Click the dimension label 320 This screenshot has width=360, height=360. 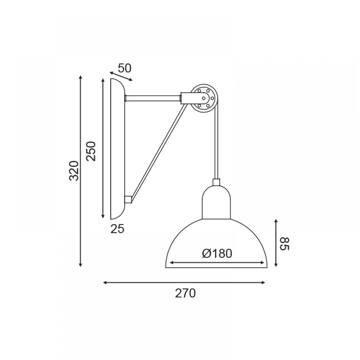[74, 171]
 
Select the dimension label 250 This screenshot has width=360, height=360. [91, 151]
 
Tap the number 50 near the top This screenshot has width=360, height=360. [125, 68]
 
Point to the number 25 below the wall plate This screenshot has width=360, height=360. [117, 229]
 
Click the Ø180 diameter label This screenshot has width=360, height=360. [217, 253]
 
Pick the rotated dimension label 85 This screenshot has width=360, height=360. [285, 244]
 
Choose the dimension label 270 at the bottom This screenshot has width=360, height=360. [185, 293]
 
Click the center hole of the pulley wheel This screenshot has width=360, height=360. [204, 98]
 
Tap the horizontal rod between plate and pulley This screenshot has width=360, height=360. [153, 98]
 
